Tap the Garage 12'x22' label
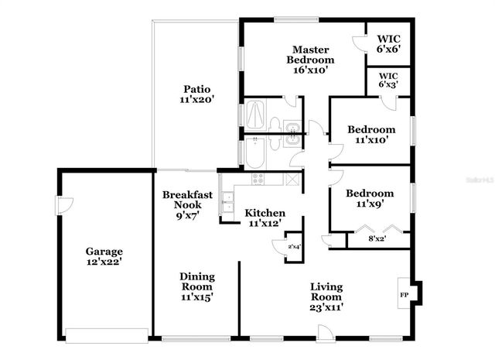[104, 257]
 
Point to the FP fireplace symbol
[404, 294]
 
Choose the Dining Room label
[197, 286]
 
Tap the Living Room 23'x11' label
[326, 296]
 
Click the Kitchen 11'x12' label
[265, 218]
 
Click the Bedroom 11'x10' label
[370, 135]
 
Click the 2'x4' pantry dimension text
[294, 246]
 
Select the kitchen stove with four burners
[256, 178]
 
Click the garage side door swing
[65, 205]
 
